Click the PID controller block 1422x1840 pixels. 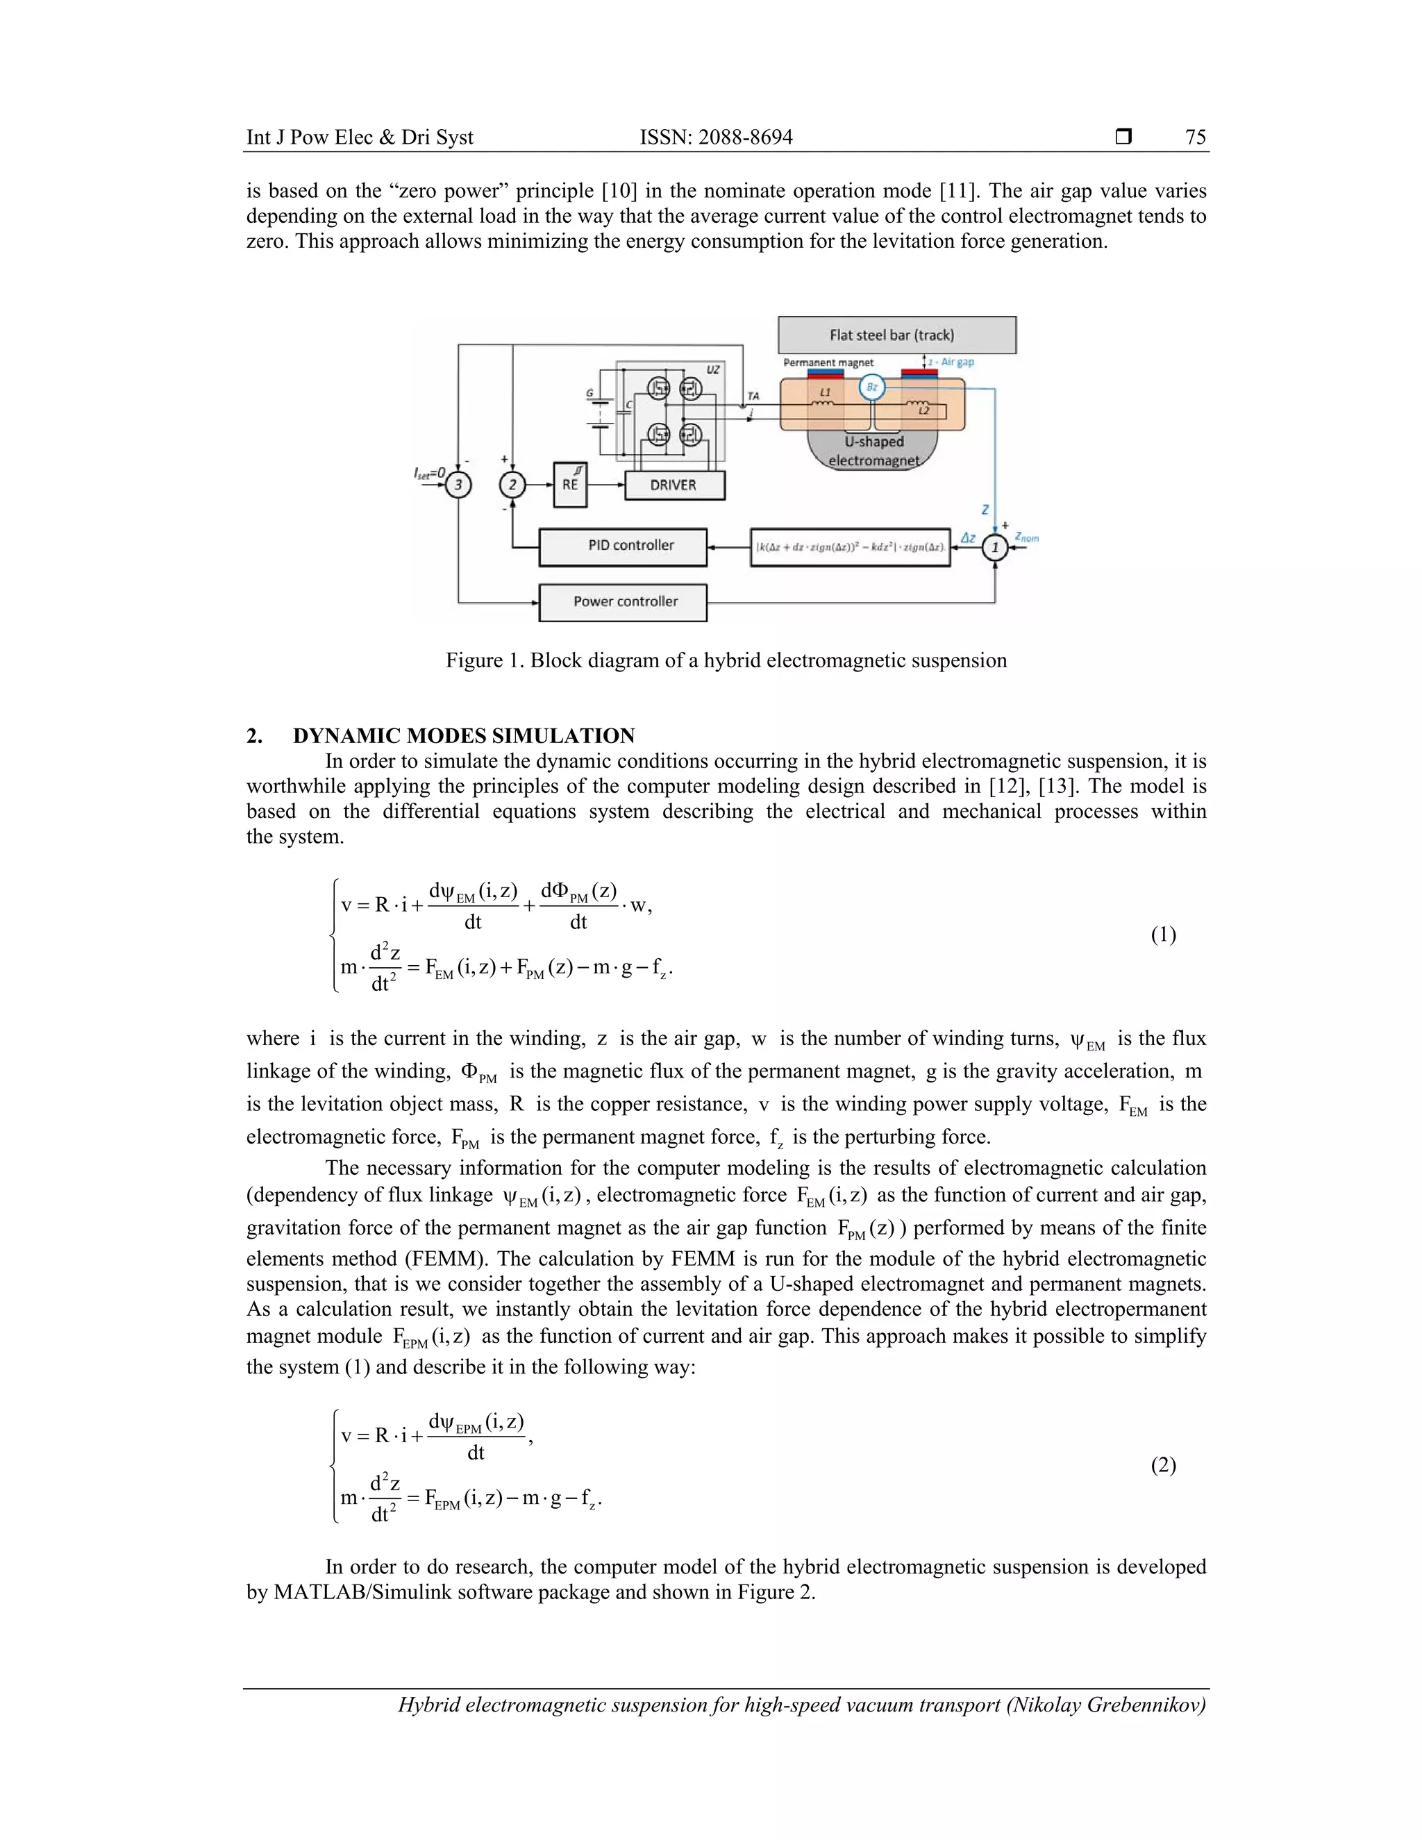[x=623, y=546]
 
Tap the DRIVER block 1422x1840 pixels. [x=674, y=485]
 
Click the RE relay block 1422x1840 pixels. [x=570, y=485]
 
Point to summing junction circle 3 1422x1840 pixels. [x=458, y=485]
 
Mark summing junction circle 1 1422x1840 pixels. [x=995, y=548]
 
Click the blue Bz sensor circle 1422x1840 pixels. [x=872, y=387]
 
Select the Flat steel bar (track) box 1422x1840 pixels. [x=896, y=335]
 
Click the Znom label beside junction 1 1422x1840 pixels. [x=1026, y=537]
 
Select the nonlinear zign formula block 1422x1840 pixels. [x=849, y=548]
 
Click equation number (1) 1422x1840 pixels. [x=1162, y=935]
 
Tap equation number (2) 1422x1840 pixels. [x=1162, y=1465]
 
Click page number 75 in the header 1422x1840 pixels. [x=1196, y=137]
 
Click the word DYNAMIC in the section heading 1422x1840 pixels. [x=345, y=735]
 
